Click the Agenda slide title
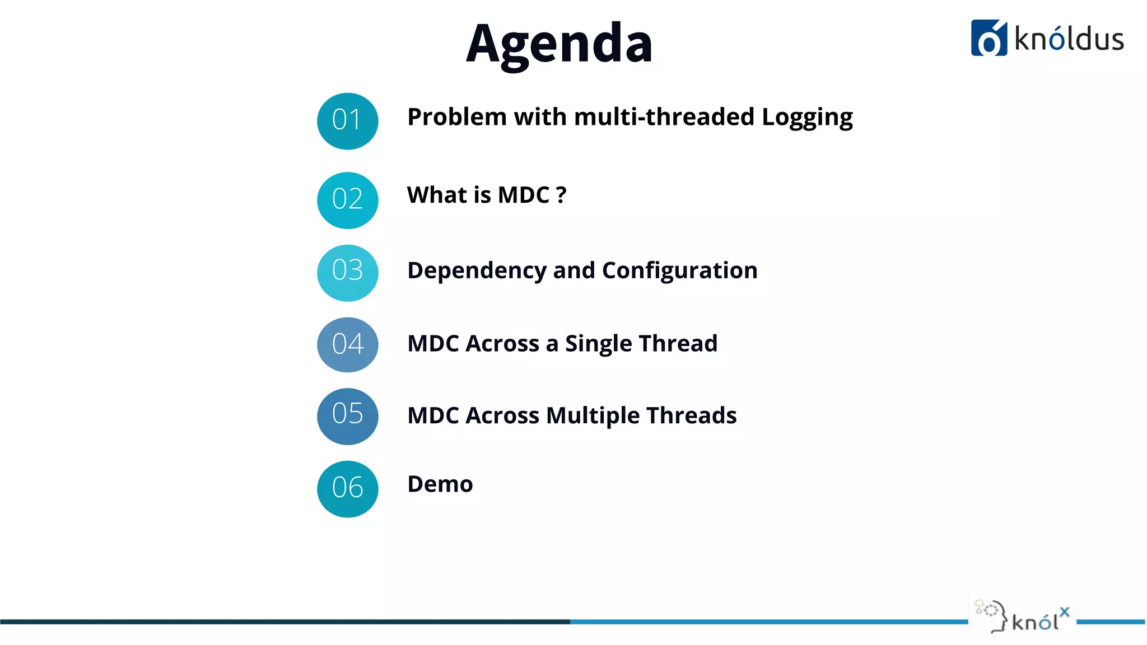tap(559, 44)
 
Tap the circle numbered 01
tap(347, 121)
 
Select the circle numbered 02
tap(347, 200)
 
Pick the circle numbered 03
tap(347, 273)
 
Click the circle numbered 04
tap(347, 344)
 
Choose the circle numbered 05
tap(347, 416)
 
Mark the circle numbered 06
tap(347, 489)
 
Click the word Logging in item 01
tap(806, 118)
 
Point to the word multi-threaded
tap(664, 117)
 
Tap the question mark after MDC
tap(561, 195)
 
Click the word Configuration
tap(679, 271)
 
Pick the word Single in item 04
tap(598, 344)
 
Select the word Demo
tap(440, 484)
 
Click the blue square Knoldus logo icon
tap(989, 38)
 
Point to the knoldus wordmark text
tap(1069, 39)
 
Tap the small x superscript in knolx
tap(1064, 612)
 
